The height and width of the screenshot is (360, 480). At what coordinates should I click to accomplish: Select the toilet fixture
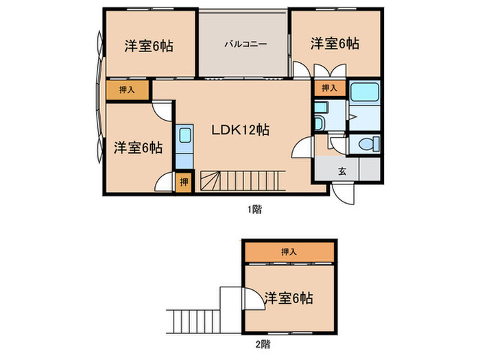coord(367,145)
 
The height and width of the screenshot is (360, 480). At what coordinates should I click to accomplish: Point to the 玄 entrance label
coord(341,171)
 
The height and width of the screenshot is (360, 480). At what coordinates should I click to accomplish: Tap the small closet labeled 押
coord(183,182)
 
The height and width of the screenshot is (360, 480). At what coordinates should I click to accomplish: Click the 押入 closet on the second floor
coord(289,252)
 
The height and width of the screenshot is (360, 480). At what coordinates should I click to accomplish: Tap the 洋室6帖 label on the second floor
coord(289,298)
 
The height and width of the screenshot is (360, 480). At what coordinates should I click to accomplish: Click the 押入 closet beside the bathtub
coord(329,88)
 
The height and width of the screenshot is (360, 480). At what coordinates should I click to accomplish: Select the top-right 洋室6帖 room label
coord(335,44)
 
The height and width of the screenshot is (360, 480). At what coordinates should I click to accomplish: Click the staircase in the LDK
coord(240,180)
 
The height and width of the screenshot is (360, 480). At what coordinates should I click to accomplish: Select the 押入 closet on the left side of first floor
coord(127,89)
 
